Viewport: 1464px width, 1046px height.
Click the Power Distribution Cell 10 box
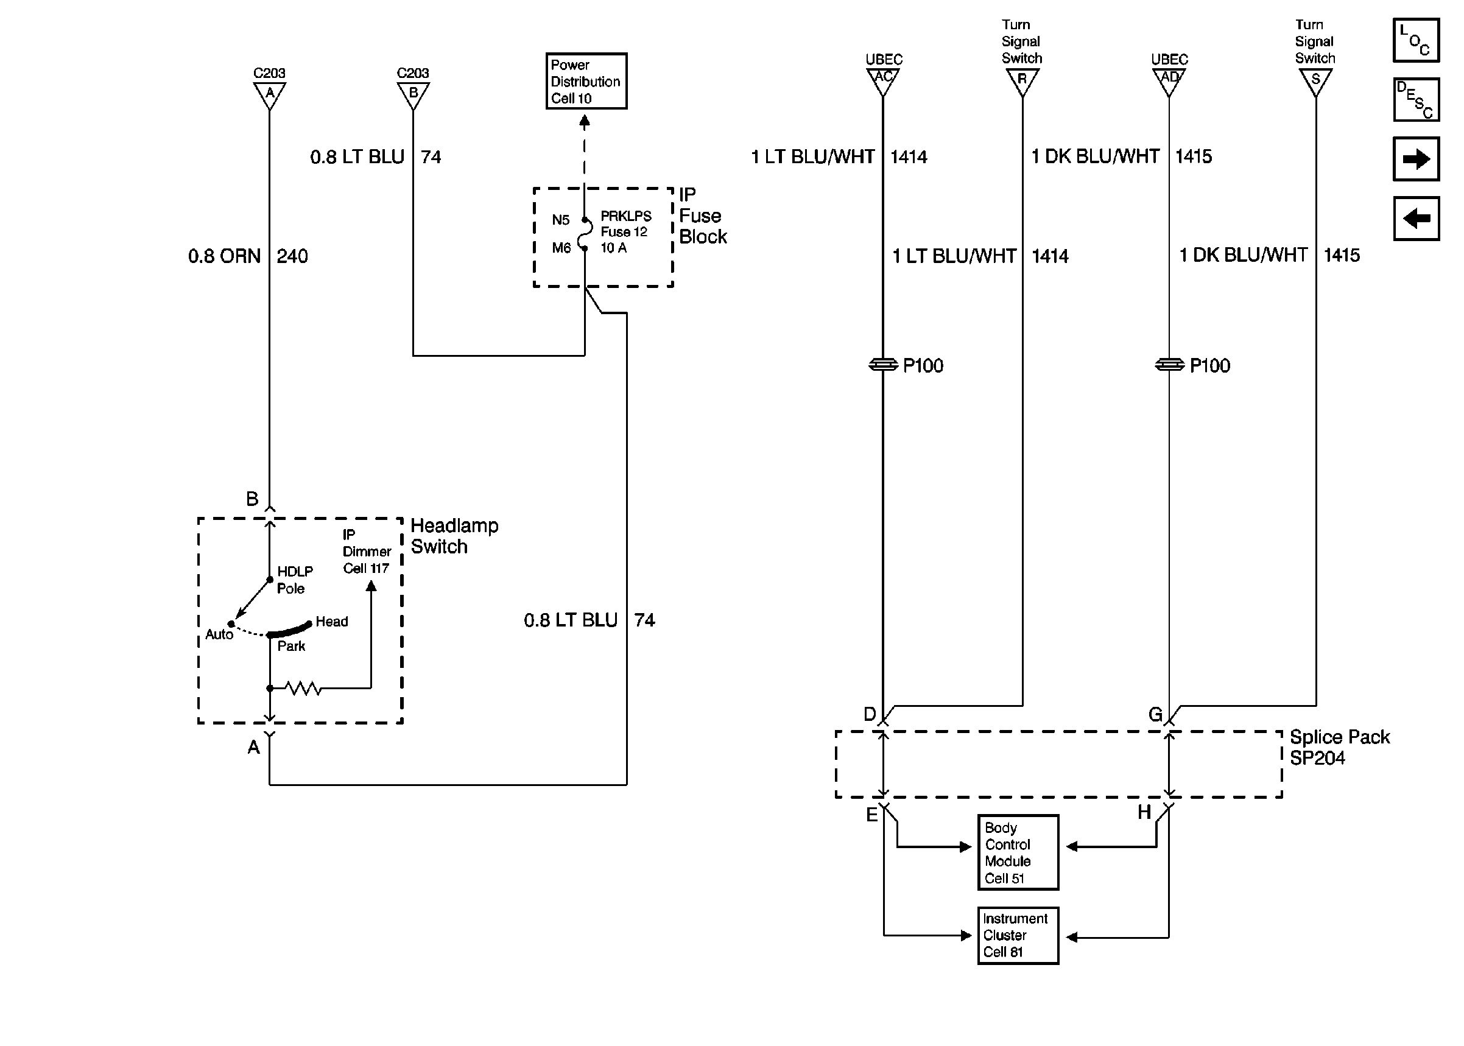click(x=585, y=81)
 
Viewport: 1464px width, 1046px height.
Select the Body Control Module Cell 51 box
click(x=1017, y=852)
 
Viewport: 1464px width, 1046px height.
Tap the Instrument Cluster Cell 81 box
click(x=1017, y=935)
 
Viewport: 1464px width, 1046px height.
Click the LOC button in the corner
click(x=1416, y=40)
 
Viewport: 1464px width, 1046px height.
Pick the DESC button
click(x=1416, y=100)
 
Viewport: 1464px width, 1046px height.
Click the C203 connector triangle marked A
click(x=269, y=94)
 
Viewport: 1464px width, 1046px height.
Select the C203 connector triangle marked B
click(x=413, y=94)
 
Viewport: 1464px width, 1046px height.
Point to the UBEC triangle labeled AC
click(x=883, y=79)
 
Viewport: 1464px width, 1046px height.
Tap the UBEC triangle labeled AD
click(x=1169, y=79)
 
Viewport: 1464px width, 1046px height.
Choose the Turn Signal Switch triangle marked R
click(x=1022, y=80)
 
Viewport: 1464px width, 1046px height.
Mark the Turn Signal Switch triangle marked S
click(x=1315, y=80)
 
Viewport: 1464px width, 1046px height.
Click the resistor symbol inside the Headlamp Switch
click(x=303, y=689)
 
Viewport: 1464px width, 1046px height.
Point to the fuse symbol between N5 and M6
click(x=585, y=234)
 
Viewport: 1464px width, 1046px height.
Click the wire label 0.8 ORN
click(x=224, y=256)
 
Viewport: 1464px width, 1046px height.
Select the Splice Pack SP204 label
click(x=1339, y=747)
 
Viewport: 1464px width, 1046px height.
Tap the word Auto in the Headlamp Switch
click(x=219, y=634)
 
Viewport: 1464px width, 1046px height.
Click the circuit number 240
click(x=292, y=256)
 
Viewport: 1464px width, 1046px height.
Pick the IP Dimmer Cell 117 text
click(x=366, y=552)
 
